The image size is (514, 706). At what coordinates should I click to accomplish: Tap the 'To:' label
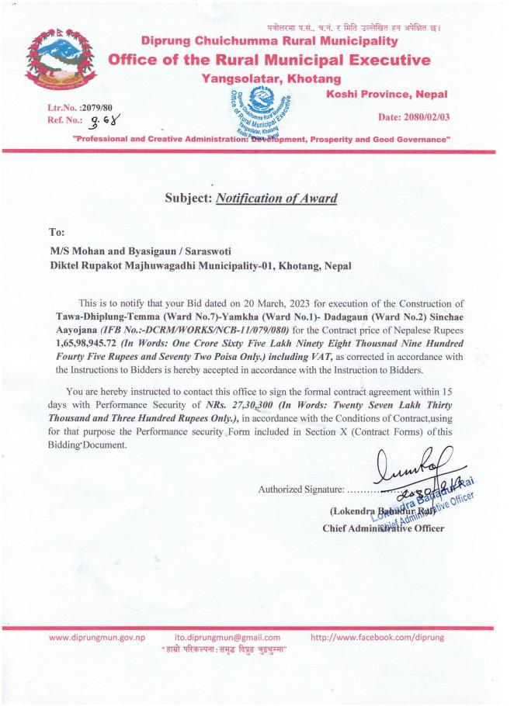pos(57,230)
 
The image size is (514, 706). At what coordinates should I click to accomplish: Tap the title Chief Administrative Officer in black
pos(383,529)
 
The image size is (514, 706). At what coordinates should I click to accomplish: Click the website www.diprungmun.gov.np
pos(97,637)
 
